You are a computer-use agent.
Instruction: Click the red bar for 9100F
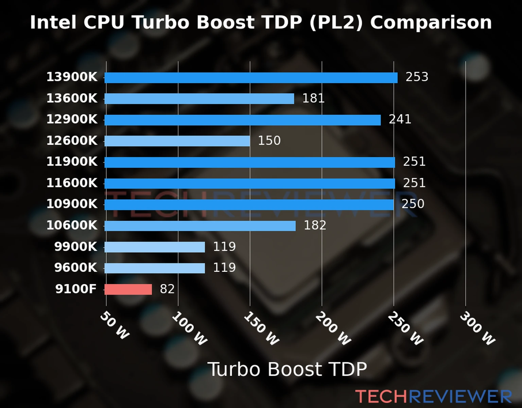tap(128, 289)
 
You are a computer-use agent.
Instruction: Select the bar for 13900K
tap(251, 78)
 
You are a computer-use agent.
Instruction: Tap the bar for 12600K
tap(177, 141)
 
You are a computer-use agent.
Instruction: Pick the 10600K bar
tap(200, 226)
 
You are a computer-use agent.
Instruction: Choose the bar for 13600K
tap(199, 99)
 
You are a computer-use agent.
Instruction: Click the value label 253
tap(417, 77)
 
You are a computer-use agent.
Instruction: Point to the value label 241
tap(400, 119)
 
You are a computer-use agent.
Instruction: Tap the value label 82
tap(167, 289)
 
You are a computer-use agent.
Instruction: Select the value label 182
tap(315, 225)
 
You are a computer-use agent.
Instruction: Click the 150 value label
tap(269, 141)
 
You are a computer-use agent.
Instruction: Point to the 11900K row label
tap(72, 162)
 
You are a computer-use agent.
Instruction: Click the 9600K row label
tap(75, 268)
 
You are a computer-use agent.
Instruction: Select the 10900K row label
tap(72, 204)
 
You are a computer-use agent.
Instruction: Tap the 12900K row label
tap(72, 119)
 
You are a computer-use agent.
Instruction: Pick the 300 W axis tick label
tap(477, 328)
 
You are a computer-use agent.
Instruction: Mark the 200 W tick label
tap(333, 328)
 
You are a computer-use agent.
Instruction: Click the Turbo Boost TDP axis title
tap(287, 369)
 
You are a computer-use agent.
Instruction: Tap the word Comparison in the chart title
tap(431, 23)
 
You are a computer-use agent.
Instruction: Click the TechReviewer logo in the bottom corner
tap(433, 396)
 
